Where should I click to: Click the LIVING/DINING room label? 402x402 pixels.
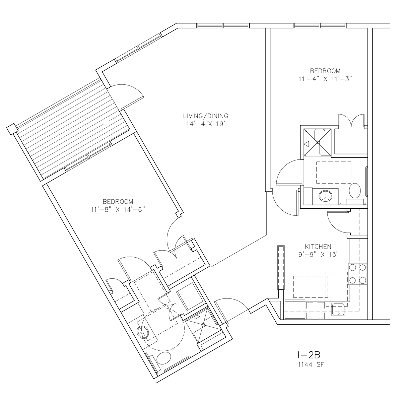[x=205, y=116]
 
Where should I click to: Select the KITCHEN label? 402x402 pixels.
[x=318, y=247]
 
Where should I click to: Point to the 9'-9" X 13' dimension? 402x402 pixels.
[x=318, y=255]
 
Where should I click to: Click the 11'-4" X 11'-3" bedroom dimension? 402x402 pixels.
[x=325, y=79]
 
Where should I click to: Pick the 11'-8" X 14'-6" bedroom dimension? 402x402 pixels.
[x=118, y=210]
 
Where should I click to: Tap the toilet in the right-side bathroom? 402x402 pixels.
[x=355, y=191]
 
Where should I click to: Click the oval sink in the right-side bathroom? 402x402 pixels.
[x=325, y=196]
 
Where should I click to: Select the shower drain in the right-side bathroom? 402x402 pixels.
[x=318, y=142]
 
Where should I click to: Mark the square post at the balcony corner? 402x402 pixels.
[x=12, y=129]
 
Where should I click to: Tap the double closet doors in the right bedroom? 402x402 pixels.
[x=352, y=120]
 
